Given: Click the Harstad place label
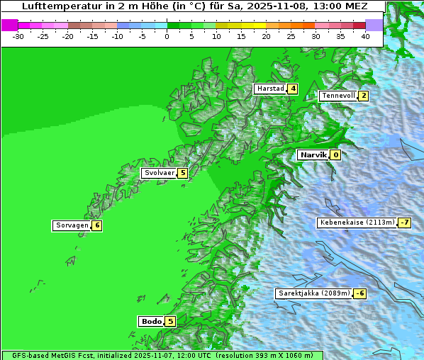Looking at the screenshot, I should pos(270,89).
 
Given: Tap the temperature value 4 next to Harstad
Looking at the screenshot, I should pos(292,89).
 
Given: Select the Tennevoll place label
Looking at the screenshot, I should pos(337,96).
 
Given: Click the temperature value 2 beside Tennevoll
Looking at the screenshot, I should pos(363,96).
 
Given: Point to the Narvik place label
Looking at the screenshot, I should pos(313,154).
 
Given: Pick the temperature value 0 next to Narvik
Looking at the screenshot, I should pos(335,154).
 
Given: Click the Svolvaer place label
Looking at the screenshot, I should pos(159,173).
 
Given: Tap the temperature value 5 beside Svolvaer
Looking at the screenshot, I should pos(182,173).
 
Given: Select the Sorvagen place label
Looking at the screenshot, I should pos(72,225).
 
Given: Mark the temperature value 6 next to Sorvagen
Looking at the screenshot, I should pos(96,225).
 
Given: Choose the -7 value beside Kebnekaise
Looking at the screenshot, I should pos(404,223).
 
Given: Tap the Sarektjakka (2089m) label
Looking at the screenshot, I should pos(313,293).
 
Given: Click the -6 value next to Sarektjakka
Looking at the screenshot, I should pos(359,293).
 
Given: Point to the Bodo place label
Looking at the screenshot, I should pos(151,321).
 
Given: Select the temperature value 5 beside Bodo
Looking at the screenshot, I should pos(170,321).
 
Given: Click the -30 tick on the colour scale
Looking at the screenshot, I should pos(18,35).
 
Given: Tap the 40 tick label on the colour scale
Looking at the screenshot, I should pos(365,35).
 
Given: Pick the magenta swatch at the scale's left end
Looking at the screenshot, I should pos(9,25).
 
